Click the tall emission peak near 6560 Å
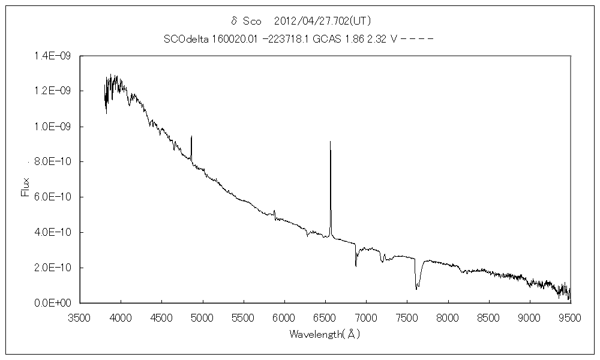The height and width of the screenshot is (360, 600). (x=330, y=142)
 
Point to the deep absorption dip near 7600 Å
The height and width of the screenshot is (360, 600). (x=416, y=289)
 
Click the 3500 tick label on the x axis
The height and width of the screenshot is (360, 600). (x=80, y=317)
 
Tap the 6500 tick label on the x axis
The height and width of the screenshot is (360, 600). (x=325, y=317)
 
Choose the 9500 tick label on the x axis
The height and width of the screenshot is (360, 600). (x=569, y=317)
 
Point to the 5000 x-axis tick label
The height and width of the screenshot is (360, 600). (x=202, y=317)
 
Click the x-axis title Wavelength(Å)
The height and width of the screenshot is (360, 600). (x=325, y=334)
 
